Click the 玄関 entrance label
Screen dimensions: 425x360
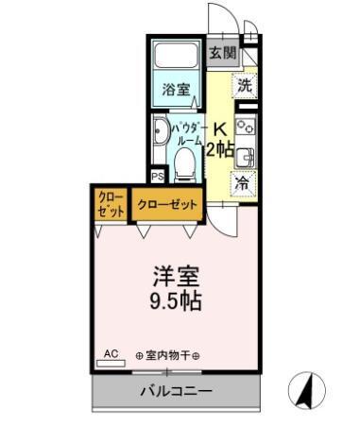[222, 53]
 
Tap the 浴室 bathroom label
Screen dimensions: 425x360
[175, 91]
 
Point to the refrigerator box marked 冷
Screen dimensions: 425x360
[244, 184]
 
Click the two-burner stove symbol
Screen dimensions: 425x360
[246, 127]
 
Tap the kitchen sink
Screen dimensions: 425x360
[246, 156]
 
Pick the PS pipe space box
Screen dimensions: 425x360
[158, 176]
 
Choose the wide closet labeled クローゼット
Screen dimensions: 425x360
[167, 204]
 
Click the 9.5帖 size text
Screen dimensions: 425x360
[177, 303]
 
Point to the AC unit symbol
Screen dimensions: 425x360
[111, 355]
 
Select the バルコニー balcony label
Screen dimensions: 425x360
[176, 391]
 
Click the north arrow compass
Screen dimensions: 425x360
[308, 388]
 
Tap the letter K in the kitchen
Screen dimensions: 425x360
[219, 129]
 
